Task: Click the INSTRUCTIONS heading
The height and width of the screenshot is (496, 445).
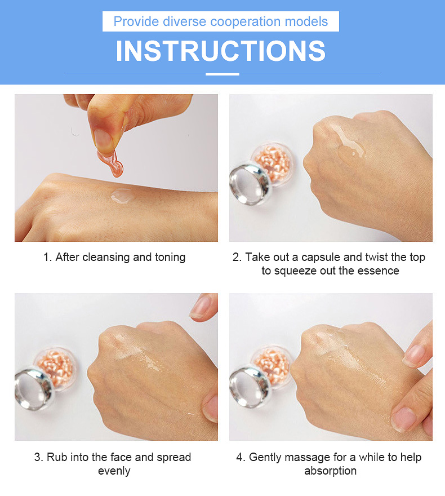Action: [x=221, y=51]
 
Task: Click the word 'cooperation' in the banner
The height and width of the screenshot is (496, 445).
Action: [x=246, y=21]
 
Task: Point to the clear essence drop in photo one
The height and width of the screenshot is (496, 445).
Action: [x=122, y=196]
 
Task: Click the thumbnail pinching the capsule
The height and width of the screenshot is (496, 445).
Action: [x=103, y=139]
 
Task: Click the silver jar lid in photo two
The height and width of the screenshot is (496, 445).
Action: [x=250, y=184]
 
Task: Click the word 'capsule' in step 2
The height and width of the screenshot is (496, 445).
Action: [x=321, y=257]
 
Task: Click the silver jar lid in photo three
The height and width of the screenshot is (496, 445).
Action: [x=34, y=388]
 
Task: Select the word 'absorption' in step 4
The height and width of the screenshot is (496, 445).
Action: [x=330, y=471]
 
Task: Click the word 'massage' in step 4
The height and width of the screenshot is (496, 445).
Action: [x=305, y=458]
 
